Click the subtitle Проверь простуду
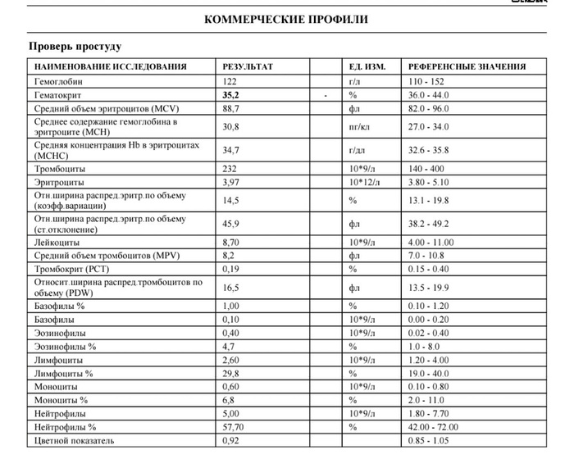point(75,47)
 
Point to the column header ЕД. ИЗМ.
point(368,66)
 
